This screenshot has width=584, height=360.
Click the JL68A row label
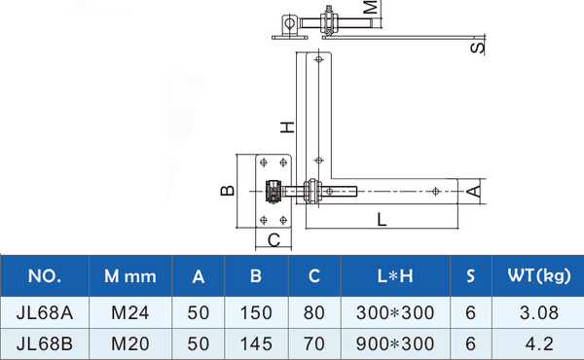45,312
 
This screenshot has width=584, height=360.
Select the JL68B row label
45,344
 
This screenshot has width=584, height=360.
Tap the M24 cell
130,312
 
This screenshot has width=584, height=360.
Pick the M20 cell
130,344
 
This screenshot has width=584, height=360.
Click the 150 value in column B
256,312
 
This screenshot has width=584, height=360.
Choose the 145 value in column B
256,344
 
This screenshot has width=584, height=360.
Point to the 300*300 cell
395,312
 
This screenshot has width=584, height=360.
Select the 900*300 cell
395,344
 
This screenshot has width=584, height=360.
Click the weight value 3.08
539,312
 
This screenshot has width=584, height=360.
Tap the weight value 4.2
539,344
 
